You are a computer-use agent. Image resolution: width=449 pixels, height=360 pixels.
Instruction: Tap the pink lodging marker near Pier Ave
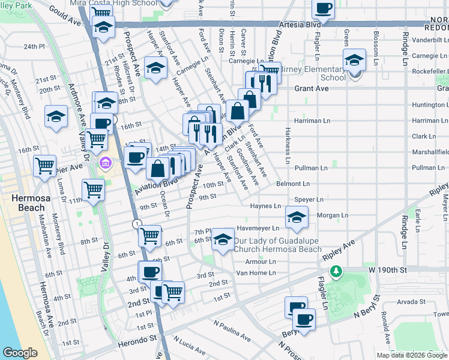tap(106, 163)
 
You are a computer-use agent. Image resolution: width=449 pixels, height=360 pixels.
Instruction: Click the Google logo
tap(20, 353)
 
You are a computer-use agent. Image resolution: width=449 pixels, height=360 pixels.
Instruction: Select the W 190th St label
tap(387, 271)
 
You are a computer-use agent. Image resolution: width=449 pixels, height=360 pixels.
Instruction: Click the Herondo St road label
tap(136, 338)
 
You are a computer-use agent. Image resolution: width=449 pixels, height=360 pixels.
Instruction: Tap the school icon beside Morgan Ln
tap(296, 218)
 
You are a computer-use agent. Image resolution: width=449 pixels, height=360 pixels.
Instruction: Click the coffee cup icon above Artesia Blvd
tap(324, 8)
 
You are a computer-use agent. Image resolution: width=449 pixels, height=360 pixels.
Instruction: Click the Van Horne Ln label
tap(255, 273)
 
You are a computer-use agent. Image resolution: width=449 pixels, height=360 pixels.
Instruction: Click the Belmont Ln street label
tap(292, 184)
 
